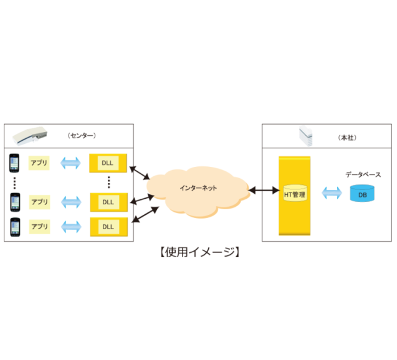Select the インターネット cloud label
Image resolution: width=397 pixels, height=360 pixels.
[198, 187]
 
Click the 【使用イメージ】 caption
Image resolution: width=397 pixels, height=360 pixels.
[198, 252]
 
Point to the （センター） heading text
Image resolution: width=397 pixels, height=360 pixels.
[82, 135]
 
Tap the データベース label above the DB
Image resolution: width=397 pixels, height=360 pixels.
[363, 175]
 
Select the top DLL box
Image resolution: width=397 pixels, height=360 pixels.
[108, 163]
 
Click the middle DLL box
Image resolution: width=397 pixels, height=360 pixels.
[108, 202]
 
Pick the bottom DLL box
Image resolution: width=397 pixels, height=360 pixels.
[108, 227]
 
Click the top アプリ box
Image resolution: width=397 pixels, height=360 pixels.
[40, 163]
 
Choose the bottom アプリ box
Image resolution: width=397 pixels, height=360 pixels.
[40, 227]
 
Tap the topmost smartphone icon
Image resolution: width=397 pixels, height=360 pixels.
[14, 163]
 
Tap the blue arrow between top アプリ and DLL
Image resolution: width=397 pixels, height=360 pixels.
[70, 163]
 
